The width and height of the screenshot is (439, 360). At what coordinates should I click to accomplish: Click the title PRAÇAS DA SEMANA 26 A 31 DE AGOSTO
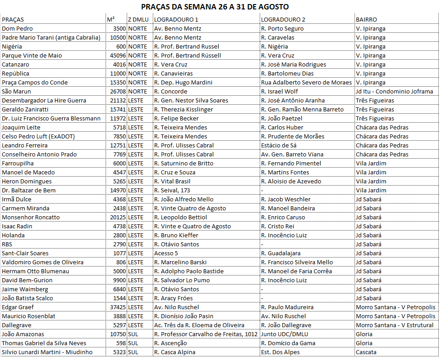[215, 7]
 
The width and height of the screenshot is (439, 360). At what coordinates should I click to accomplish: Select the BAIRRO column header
[366, 20]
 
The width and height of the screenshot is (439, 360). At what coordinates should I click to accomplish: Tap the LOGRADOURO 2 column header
[283, 20]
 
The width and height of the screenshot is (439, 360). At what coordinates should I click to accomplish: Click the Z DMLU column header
[138, 20]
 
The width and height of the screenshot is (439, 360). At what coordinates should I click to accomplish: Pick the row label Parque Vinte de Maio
[32, 56]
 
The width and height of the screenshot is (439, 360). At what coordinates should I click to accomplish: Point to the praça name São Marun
[16, 92]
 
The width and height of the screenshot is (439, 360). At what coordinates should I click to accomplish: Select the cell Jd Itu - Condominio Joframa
[395, 92]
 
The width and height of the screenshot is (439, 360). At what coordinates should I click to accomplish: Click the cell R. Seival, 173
[172, 191]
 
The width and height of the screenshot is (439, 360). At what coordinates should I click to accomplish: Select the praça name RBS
[7, 244]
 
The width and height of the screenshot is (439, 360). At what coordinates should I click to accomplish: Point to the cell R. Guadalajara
[281, 253]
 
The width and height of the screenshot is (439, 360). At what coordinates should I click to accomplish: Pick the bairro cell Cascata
[366, 352]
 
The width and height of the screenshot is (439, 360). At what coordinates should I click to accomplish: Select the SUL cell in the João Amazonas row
[133, 334]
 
